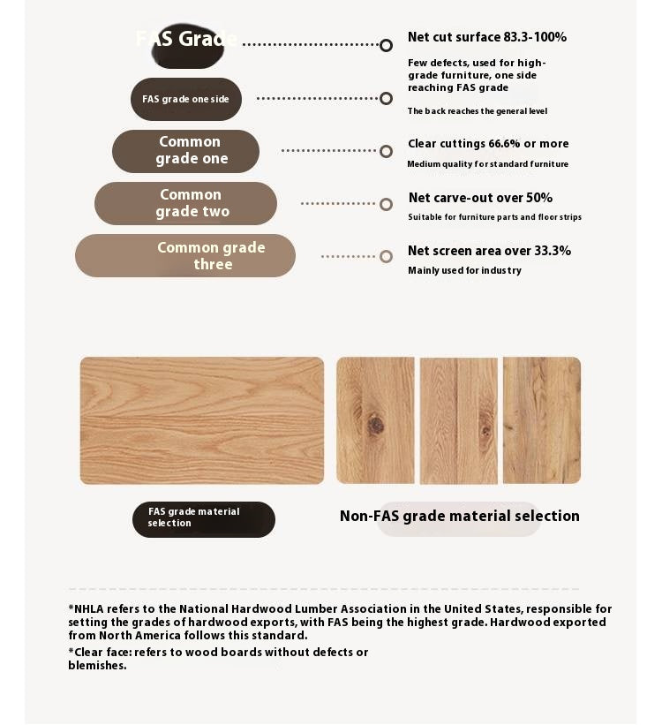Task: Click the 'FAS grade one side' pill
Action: (x=185, y=99)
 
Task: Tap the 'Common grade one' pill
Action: (x=185, y=151)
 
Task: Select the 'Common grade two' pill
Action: (x=185, y=204)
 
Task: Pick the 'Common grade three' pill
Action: (x=185, y=256)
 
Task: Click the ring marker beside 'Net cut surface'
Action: (x=386, y=45)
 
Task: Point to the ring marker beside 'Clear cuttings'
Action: (x=386, y=151)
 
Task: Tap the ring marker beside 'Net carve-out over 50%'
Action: (x=386, y=204)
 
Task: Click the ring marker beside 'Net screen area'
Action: (x=386, y=256)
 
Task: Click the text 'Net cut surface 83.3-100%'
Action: (x=486, y=37)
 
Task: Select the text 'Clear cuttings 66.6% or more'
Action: (x=488, y=144)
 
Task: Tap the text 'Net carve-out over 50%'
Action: (x=480, y=198)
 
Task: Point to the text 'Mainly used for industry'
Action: (x=464, y=270)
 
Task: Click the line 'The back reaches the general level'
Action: (x=477, y=111)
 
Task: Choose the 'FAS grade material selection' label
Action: (x=203, y=518)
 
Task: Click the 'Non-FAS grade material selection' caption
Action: (x=459, y=516)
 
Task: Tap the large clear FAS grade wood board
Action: (x=202, y=420)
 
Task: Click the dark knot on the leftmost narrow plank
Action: (x=376, y=425)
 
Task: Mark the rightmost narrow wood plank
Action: (x=542, y=420)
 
